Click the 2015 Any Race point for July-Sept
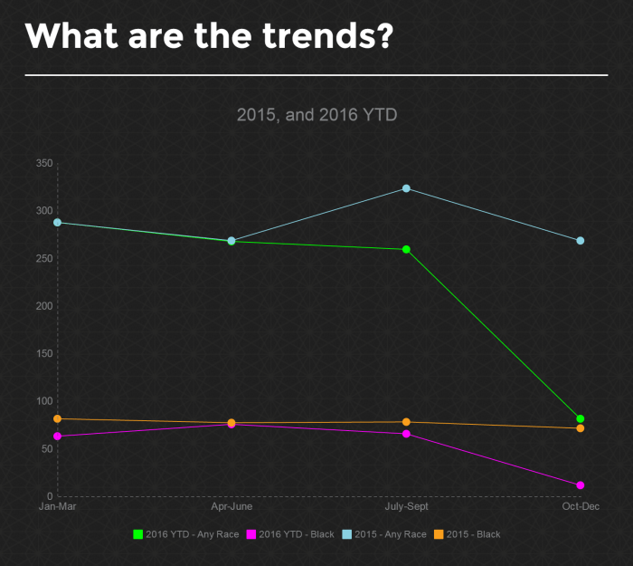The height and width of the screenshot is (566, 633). (x=406, y=188)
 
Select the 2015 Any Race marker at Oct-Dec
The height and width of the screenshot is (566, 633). (x=581, y=241)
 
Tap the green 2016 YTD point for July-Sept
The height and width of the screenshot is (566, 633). (x=406, y=249)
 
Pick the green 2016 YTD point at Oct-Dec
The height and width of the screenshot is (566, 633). (x=581, y=418)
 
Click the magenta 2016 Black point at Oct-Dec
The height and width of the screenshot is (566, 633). (x=581, y=485)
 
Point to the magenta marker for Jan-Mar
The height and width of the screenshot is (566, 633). (x=58, y=436)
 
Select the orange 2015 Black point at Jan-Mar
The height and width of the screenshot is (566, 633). (x=58, y=418)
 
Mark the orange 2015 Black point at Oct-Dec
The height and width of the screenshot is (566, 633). (x=581, y=428)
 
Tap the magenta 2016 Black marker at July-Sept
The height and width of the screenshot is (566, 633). (x=406, y=434)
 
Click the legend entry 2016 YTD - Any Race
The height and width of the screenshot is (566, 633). (x=186, y=534)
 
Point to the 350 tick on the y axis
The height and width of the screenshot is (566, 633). (x=43, y=164)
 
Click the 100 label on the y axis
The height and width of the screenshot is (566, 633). (x=43, y=401)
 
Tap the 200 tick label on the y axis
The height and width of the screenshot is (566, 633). (x=43, y=306)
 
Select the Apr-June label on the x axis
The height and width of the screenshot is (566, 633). (x=231, y=506)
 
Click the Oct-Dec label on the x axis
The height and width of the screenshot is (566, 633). (x=581, y=506)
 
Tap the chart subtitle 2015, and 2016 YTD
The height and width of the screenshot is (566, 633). (x=316, y=115)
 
